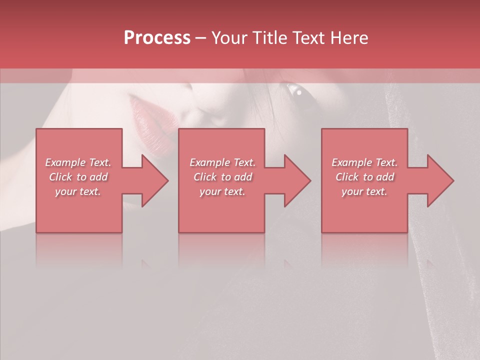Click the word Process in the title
[157, 38]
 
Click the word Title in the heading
[268, 38]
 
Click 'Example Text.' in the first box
[78, 162]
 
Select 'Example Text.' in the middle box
[222, 162]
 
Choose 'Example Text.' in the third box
[364, 162]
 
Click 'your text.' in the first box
[78, 191]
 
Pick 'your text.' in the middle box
[222, 191]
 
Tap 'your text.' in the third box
[364, 191]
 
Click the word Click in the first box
[60, 177]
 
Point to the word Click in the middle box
[204, 177]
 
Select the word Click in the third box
[347, 177]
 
